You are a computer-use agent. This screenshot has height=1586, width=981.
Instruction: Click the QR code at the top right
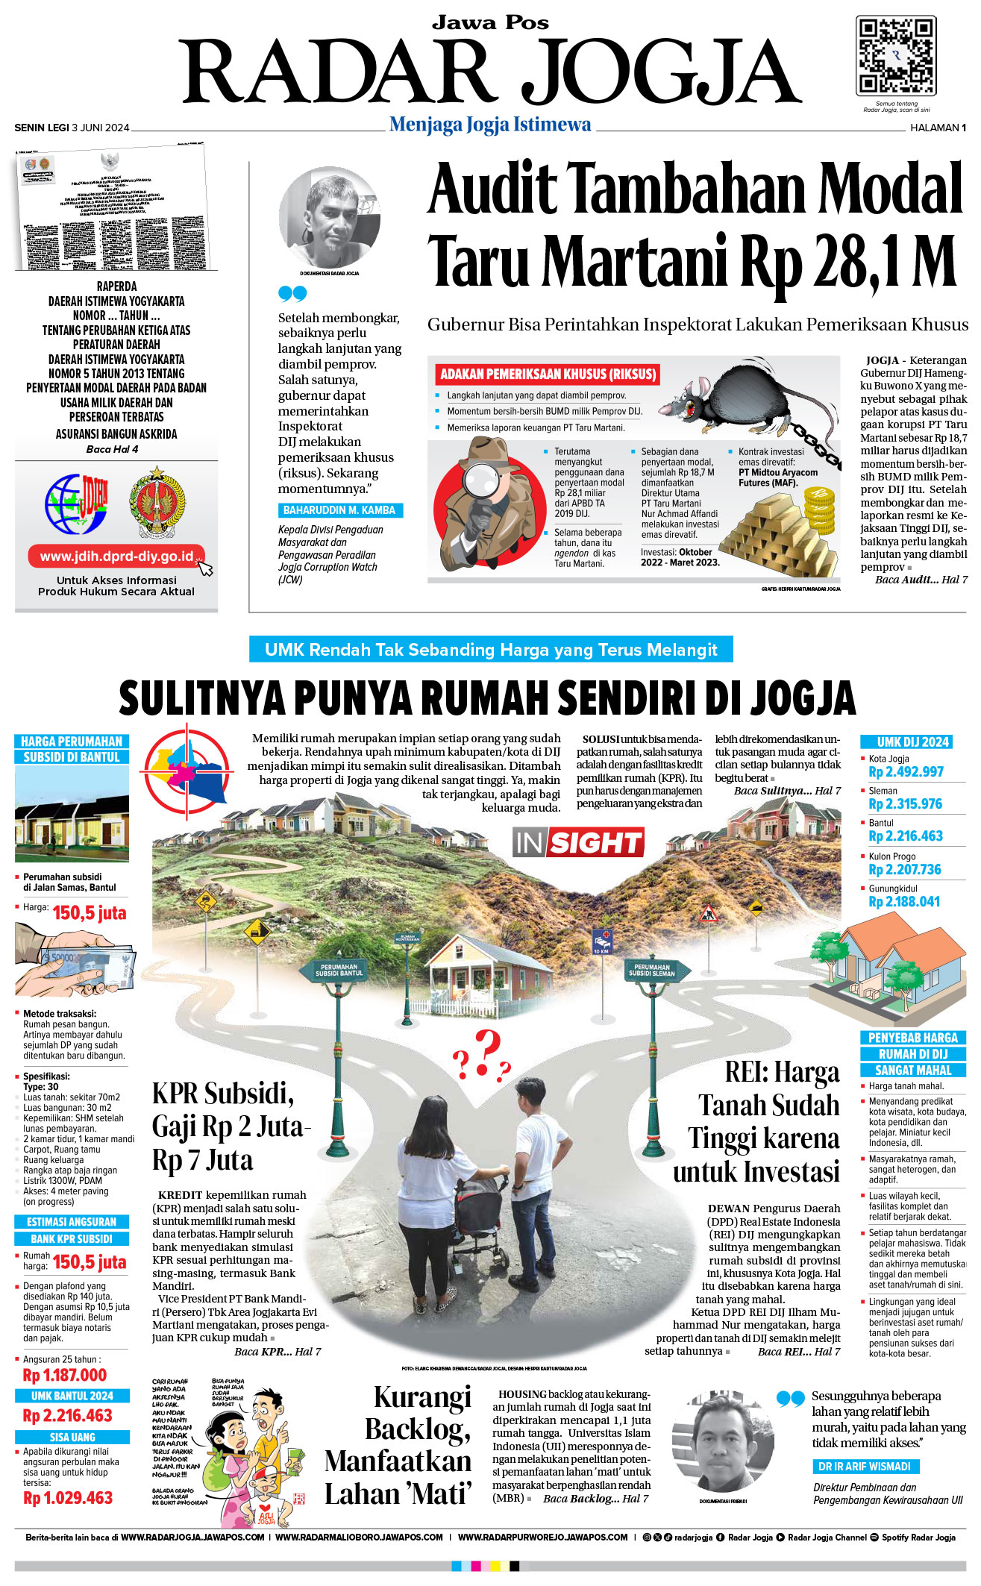click(x=895, y=56)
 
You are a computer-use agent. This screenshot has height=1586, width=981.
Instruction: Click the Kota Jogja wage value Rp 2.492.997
click(x=906, y=772)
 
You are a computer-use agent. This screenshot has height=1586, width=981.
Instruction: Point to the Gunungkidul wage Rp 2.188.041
click(x=904, y=902)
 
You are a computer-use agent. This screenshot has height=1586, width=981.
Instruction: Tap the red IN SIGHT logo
click(x=578, y=843)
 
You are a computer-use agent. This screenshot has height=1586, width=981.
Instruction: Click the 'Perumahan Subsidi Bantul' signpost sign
click(x=339, y=971)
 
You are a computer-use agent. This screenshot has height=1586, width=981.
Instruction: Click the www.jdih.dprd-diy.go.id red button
click(x=116, y=557)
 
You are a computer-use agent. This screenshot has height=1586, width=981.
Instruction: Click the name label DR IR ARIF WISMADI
click(x=865, y=1466)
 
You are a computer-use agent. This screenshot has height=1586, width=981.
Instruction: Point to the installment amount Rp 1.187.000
click(x=65, y=1375)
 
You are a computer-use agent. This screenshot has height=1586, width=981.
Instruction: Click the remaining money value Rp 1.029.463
click(x=68, y=1497)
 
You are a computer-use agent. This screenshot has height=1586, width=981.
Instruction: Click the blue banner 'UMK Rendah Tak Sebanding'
click(x=491, y=650)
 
